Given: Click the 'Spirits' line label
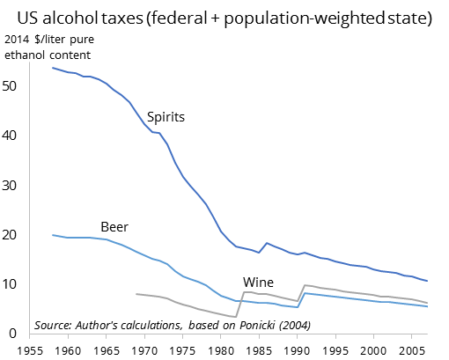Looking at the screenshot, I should point(166,116).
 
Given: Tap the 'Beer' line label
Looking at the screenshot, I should point(114,226).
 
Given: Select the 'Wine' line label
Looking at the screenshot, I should point(257,283).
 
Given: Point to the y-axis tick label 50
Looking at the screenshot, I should point(14,86).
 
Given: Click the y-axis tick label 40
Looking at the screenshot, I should point(14,136).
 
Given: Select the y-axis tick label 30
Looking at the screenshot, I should point(14,186).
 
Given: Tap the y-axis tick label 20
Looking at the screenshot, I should point(14,235).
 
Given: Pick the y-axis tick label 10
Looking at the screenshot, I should point(14,284).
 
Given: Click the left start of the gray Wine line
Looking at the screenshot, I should point(136,294).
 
